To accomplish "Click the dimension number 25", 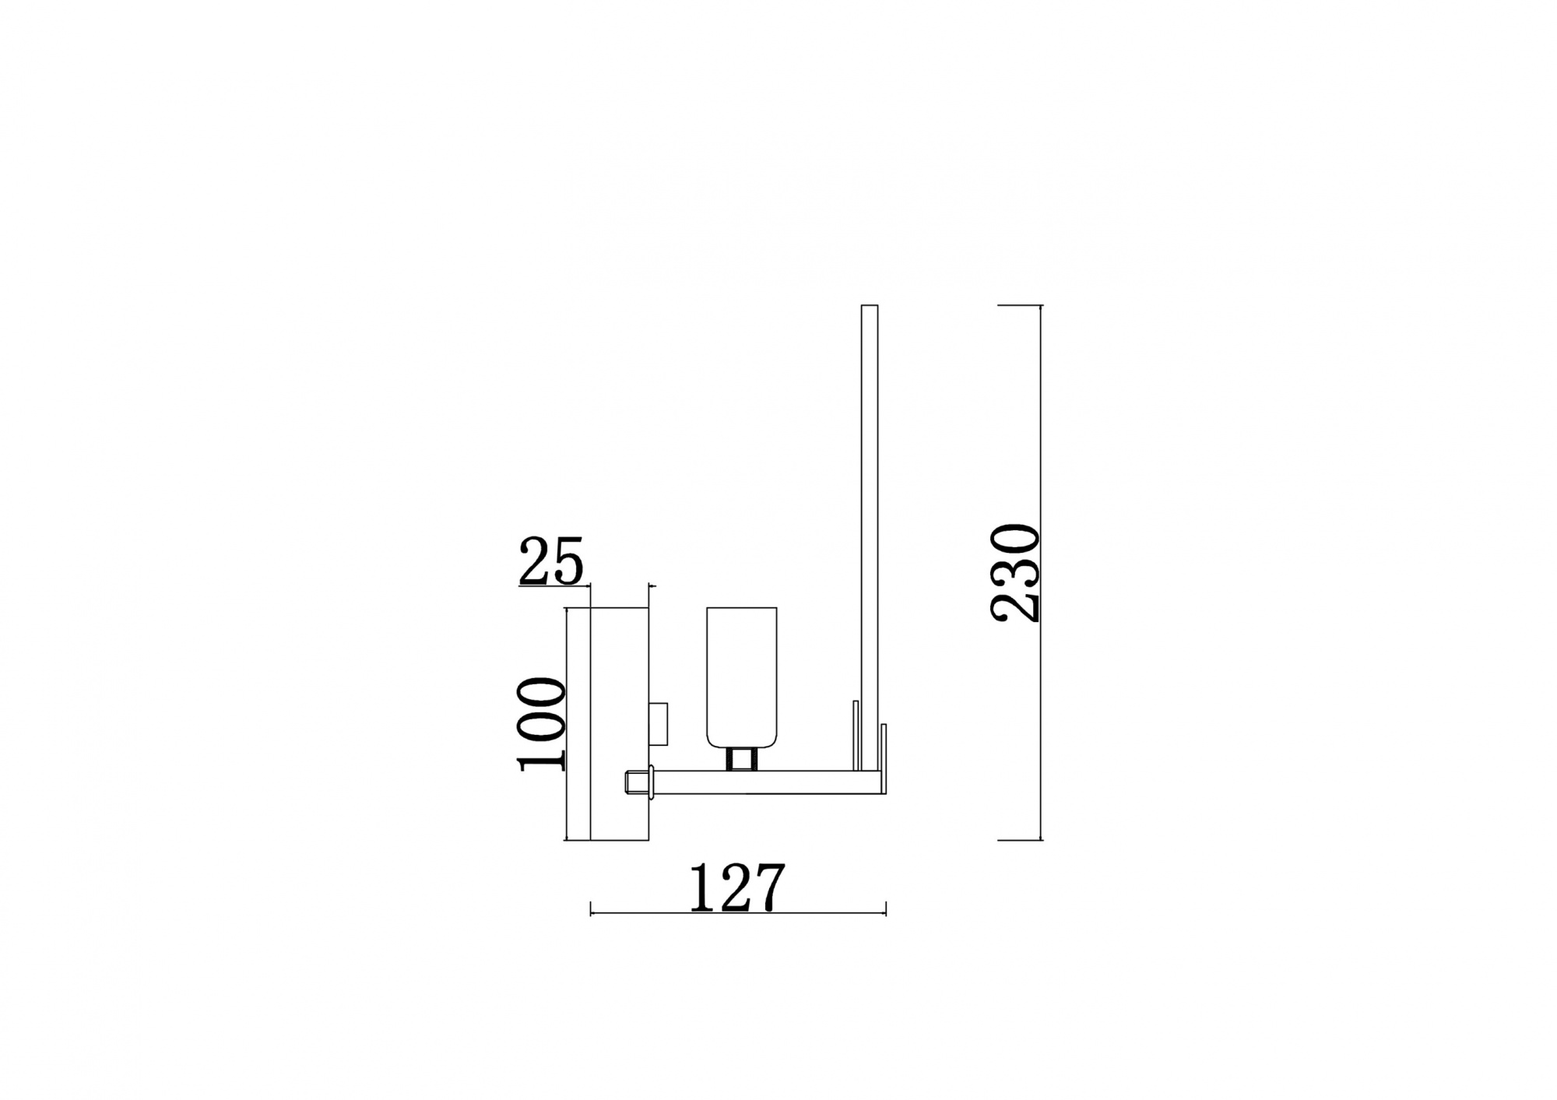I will [x=550, y=561].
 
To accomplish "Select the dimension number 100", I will [x=541, y=724].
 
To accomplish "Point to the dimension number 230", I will [x=1015, y=574].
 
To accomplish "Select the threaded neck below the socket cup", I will [x=741, y=758].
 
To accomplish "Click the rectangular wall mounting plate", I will [x=619, y=724].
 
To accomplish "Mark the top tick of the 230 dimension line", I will [x=1020, y=306].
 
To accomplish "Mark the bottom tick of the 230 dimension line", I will [x=1020, y=840].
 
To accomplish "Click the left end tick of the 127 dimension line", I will [x=592, y=908].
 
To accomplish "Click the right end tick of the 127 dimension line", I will [x=886, y=908].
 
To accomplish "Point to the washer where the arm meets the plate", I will [x=649, y=782].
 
